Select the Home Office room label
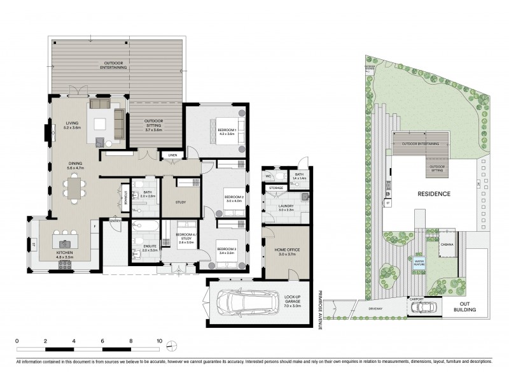(x=286, y=250)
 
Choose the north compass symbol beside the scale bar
(x=172, y=346)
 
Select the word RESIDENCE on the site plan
(x=434, y=194)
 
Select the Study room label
(x=180, y=202)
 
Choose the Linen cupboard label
(x=172, y=155)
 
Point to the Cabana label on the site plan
(x=447, y=243)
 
